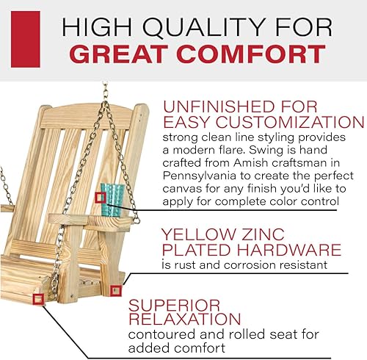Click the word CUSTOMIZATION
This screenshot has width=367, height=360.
click(x=287, y=121)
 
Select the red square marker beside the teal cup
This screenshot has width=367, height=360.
click(x=101, y=197)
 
